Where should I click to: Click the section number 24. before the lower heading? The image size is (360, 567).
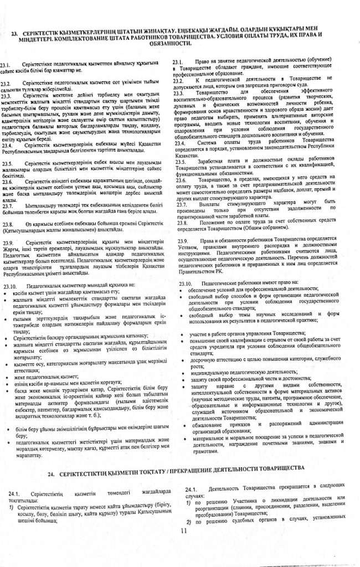click(52, 468)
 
